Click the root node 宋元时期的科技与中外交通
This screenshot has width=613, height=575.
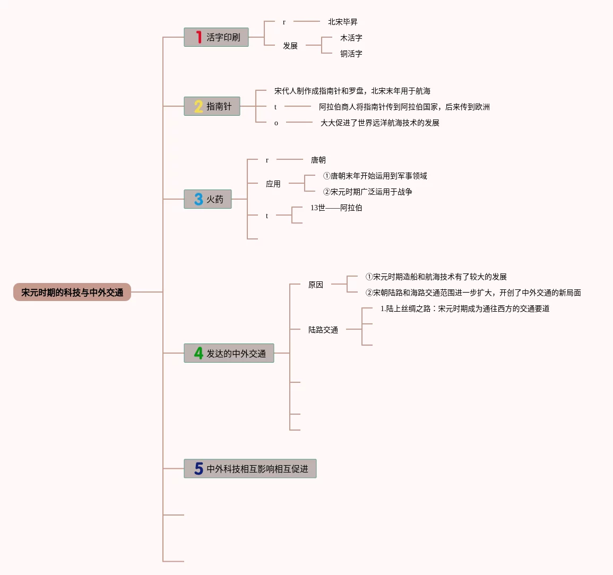pos(72,292)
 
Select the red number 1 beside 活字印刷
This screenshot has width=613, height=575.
pos(199,37)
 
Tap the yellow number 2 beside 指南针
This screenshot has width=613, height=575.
pos(198,106)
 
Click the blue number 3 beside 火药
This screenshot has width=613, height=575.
pos(198,199)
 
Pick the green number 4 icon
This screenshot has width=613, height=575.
pos(198,353)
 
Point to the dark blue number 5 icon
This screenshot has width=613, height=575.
pos(198,468)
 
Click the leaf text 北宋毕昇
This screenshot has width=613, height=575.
pos(342,22)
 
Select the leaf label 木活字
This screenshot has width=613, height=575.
pos(351,38)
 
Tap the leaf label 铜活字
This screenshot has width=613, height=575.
pos(351,54)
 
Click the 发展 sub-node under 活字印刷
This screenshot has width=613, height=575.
pos(290,46)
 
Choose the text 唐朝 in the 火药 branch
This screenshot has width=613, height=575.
pos(318,160)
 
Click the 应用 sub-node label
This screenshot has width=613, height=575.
pos(273,184)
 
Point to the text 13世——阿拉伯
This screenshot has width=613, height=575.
pos(336,208)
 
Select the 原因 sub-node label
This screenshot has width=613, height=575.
pos(315,285)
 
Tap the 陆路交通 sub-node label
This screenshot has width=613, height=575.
pos(323,330)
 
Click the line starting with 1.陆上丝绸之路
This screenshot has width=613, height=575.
pos(464,308)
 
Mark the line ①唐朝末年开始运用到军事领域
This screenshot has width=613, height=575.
pos(375,176)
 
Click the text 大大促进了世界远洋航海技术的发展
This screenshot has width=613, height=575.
pos(379,123)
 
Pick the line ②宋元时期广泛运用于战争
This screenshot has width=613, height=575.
pos(367,192)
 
